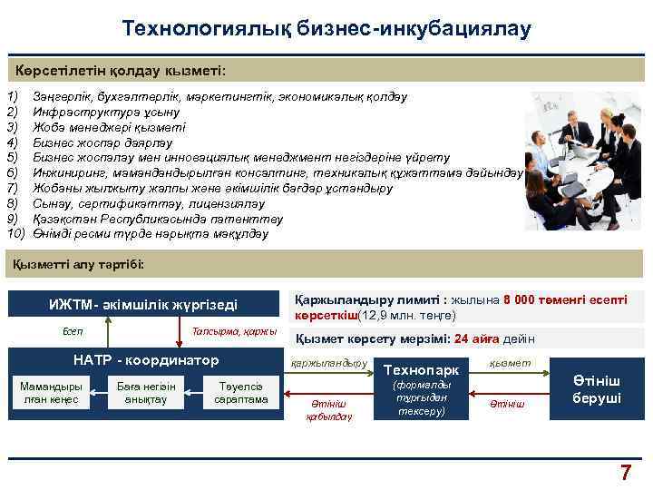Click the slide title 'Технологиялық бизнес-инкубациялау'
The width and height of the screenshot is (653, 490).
coord(326,29)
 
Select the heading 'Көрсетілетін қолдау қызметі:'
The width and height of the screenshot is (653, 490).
coord(121,70)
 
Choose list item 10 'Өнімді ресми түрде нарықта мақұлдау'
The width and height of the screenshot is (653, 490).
coord(150,234)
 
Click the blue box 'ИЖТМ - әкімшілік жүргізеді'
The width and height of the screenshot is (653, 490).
coord(143,306)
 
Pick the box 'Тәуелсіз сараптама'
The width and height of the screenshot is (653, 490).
coord(235,393)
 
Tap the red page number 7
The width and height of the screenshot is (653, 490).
coord(625,472)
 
